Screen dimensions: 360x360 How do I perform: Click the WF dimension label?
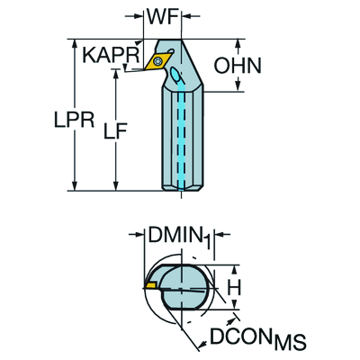coord(162,16)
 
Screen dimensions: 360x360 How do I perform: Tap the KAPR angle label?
coord(111,55)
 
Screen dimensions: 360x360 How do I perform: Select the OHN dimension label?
coord(238,66)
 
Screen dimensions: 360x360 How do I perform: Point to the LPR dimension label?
coord(75,120)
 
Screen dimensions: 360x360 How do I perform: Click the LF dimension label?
coord(115,131)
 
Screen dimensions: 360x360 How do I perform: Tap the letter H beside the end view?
coord(234,288)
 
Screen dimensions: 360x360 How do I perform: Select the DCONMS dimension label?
coord(258,338)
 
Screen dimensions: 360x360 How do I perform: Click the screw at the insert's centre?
coord(157,61)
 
